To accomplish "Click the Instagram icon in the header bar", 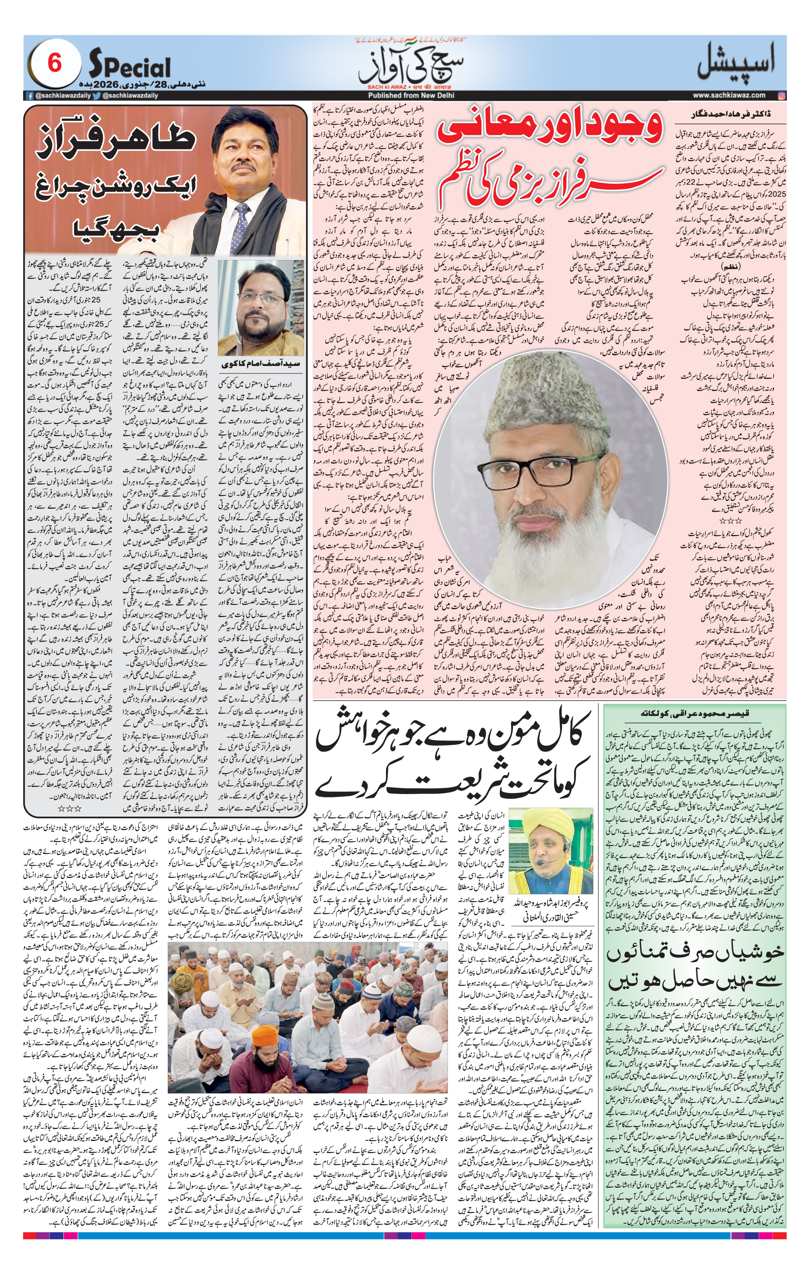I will pos(782,95).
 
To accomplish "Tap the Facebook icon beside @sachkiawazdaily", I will pos(31,96).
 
